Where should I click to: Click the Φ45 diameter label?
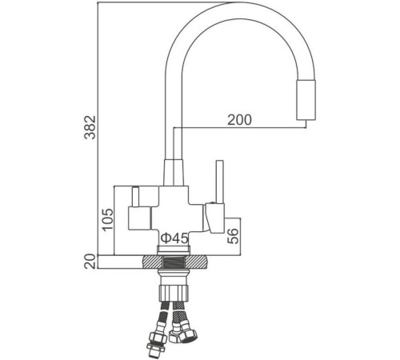(174, 238)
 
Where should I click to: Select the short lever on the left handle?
(135, 195)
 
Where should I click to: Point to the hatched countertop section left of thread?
(150, 262)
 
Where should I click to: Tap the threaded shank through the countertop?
(174, 262)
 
